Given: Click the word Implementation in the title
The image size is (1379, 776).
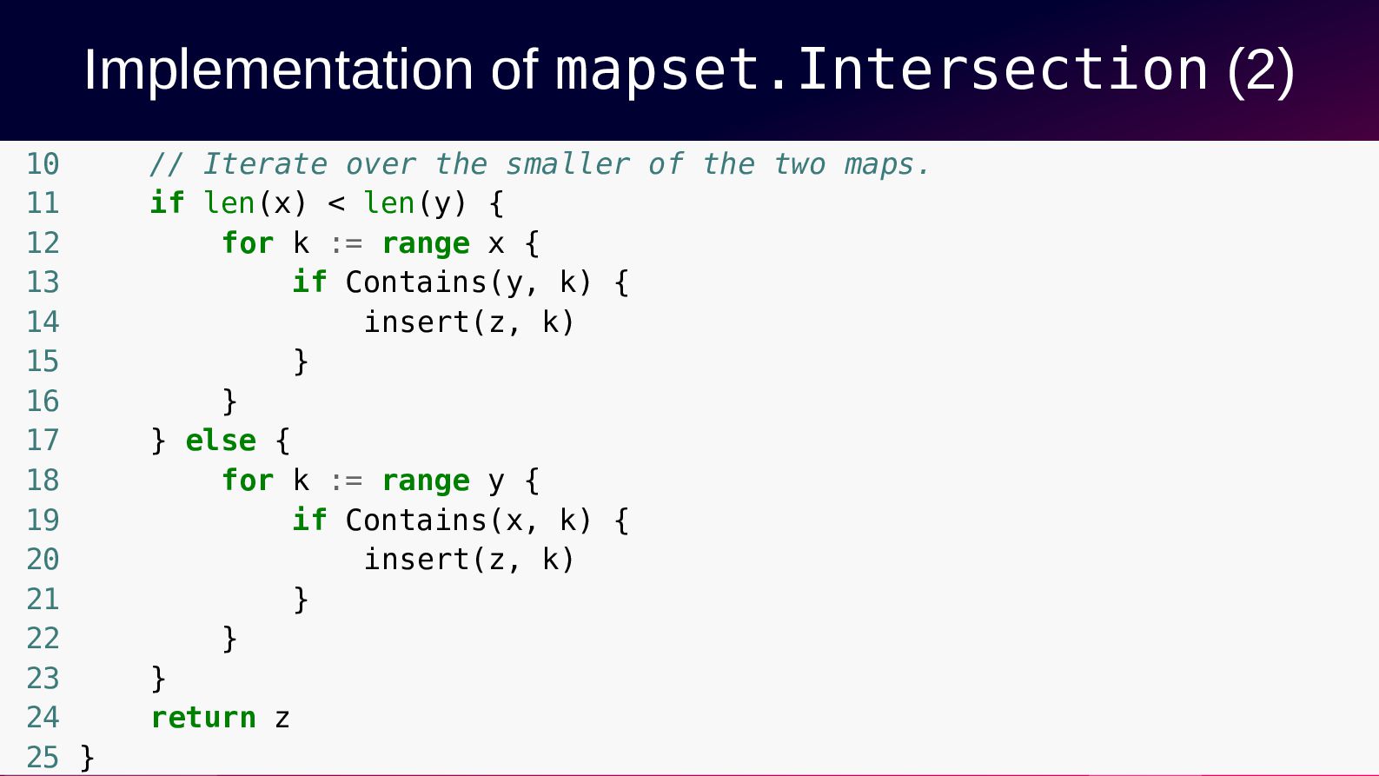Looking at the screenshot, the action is click(278, 70).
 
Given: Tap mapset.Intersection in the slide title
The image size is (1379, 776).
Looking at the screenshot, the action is click(882, 70).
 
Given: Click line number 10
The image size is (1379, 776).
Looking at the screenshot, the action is click(43, 164).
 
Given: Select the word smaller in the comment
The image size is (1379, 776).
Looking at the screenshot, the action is click(567, 164).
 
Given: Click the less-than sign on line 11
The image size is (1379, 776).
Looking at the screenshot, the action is click(336, 204).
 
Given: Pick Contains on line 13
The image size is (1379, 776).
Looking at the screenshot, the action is click(416, 282).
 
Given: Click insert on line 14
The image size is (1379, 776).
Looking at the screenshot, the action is click(417, 322).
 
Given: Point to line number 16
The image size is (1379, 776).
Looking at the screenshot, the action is click(43, 401).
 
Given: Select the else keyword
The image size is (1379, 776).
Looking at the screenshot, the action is click(221, 441).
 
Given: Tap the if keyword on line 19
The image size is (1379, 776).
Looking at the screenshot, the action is click(309, 520).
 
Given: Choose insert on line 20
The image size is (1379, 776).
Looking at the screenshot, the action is click(417, 560).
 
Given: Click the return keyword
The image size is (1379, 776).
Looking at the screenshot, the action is click(204, 718).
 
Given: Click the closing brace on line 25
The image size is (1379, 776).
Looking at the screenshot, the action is click(88, 758).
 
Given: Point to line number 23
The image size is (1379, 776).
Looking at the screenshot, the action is click(43, 679).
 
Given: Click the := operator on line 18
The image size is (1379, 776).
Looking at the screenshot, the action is click(347, 481).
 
